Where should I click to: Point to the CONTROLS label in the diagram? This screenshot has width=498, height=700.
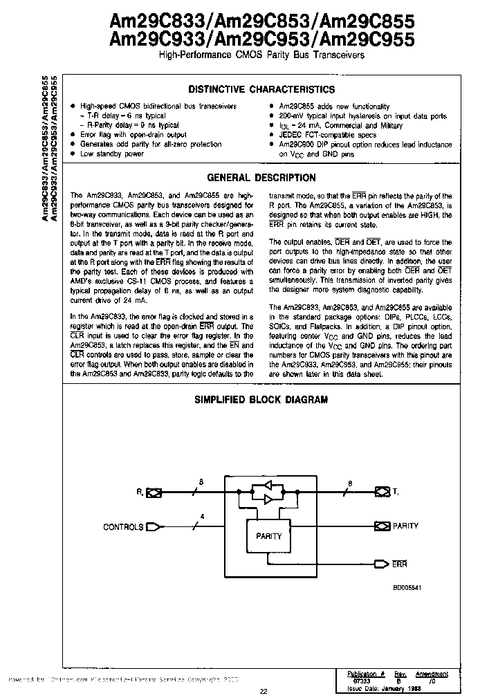pyautogui.click(x=123, y=527)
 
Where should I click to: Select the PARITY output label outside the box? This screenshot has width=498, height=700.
pyautogui.click(x=405, y=526)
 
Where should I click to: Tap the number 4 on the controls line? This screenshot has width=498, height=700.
pyautogui.click(x=202, y=516)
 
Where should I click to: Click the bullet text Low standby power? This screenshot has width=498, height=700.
pyautogui.click(x=112, y=154)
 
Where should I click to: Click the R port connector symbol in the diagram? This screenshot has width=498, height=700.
pyautogui.click(x=154, y=492)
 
